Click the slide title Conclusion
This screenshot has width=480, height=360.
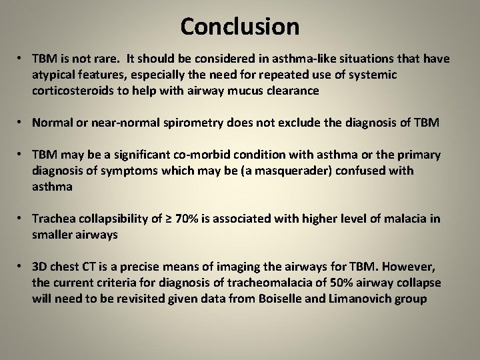(x=239, y=27)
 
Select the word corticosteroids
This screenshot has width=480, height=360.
(x=73, y=90)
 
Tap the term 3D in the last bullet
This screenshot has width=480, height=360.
(x=41, y=267)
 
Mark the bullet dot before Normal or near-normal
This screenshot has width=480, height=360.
(x=21, y=123)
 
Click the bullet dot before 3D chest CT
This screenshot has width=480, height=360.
(x=21, y=267)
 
